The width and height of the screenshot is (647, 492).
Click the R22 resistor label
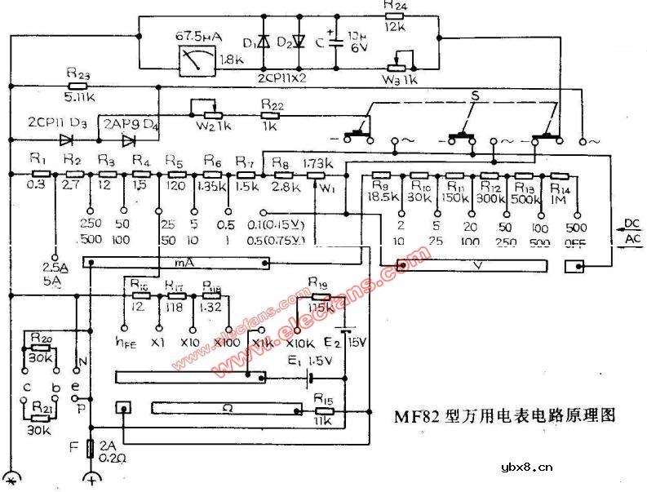[272, 106]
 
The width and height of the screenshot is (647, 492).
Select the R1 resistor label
[35, 160]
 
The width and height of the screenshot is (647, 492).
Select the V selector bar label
[473, 266]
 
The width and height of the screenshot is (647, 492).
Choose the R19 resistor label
[318, 282]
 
